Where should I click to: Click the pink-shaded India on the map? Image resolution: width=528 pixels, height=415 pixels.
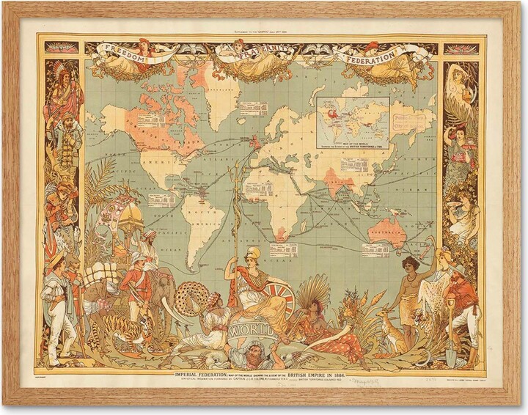point(340,179)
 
